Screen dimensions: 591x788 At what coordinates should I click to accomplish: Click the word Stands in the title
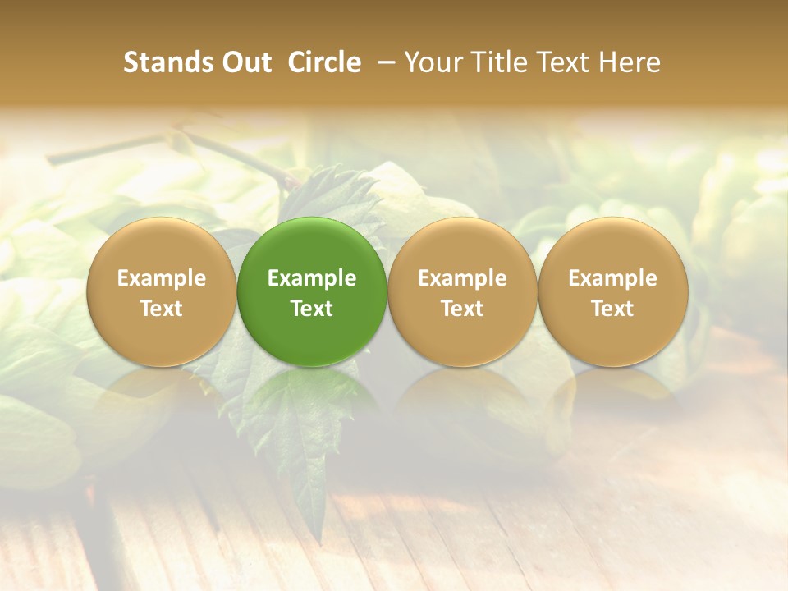[167, 62]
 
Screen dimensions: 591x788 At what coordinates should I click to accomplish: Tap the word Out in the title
[245, 62]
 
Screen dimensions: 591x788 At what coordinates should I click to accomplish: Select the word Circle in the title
[324, 62]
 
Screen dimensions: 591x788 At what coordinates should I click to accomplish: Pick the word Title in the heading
[501, 62]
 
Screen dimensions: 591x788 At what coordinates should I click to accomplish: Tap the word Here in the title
[630, 62]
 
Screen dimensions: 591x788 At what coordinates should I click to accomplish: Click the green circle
[312, 291]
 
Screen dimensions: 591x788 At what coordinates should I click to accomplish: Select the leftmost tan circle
[162, 291]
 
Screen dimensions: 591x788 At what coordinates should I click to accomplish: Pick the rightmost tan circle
[613, 291]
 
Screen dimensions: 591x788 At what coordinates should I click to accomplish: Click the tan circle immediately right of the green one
[462, 291]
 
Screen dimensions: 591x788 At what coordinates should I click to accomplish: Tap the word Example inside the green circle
[312, 278]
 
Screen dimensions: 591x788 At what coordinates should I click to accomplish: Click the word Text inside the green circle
[312, 309]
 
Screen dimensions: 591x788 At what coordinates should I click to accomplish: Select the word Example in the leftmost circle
[162, 278]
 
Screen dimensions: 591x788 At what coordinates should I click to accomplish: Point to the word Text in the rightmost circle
[613, 309]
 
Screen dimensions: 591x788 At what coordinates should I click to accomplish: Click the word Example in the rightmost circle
[613, 278]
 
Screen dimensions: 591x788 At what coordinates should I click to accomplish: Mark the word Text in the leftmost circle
[162, 309]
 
